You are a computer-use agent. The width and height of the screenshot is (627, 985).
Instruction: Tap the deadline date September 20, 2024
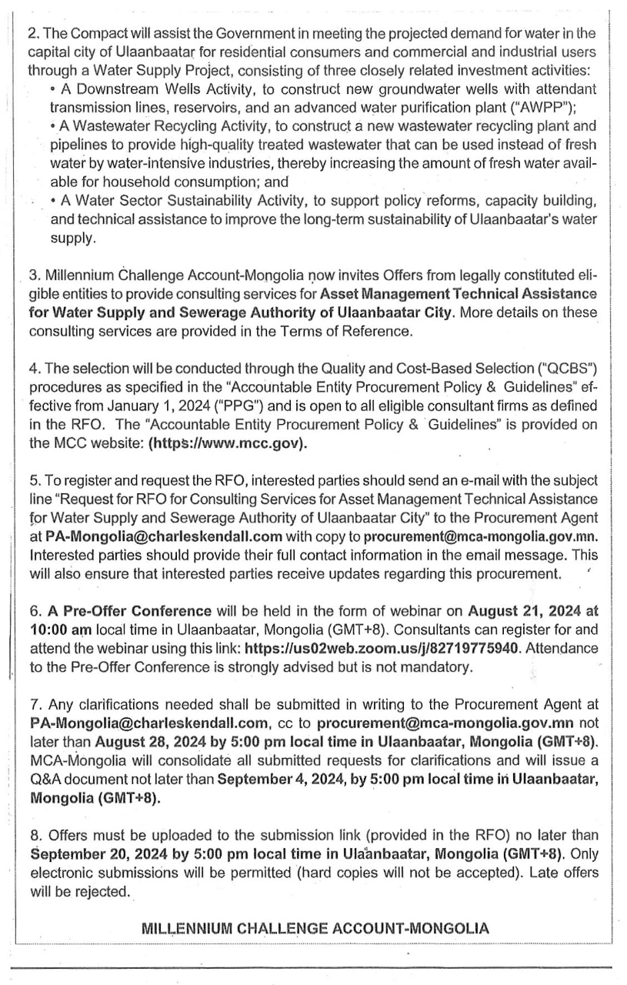pos(93,853)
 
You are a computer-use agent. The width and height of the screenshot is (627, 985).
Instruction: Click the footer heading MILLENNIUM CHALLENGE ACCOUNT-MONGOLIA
pos(315,928)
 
